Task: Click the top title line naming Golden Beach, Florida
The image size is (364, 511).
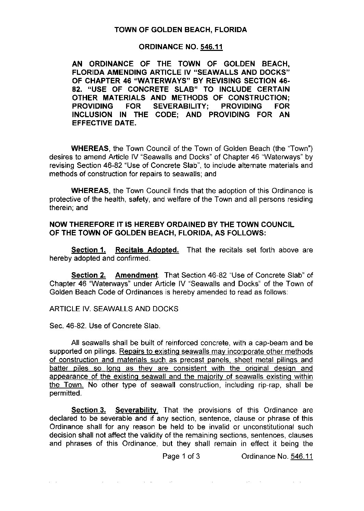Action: click(x=180, y=30)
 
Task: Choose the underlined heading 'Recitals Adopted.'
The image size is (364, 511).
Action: click(x=147, y=250)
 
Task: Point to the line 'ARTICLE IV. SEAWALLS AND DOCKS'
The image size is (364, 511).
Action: click(x=114, y=309)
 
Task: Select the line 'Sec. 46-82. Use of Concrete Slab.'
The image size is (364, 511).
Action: click(x=105, y=326)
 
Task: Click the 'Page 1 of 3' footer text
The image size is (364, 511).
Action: click(x=181, y=456)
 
